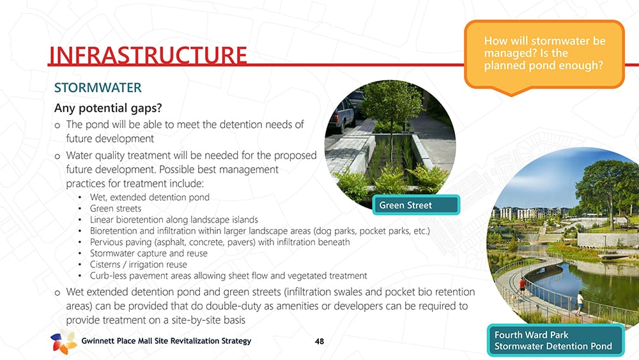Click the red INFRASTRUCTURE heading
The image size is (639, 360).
(x=148, y=56)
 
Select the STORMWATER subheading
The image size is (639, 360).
(x=98, y=88)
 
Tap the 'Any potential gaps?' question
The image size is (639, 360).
(x=108, y=108)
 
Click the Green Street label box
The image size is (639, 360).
(x=416, y=205)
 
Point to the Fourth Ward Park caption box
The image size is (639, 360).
(x=555, y=340)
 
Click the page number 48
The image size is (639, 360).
(x=319, y=341)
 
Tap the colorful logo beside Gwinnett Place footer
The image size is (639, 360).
(x=63, y=341)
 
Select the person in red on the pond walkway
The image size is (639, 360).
(x=522, y=286)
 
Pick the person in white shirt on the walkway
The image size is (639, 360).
(x=580, y=303)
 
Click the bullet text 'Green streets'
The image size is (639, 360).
(x=116, y=208)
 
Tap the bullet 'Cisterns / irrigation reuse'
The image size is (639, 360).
(x=139, y=265)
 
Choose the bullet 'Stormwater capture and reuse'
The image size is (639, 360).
(x=149, y=253)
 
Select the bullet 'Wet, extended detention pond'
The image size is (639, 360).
(x=150, y=198)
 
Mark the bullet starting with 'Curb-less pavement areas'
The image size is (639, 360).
(x=229, y=276)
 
